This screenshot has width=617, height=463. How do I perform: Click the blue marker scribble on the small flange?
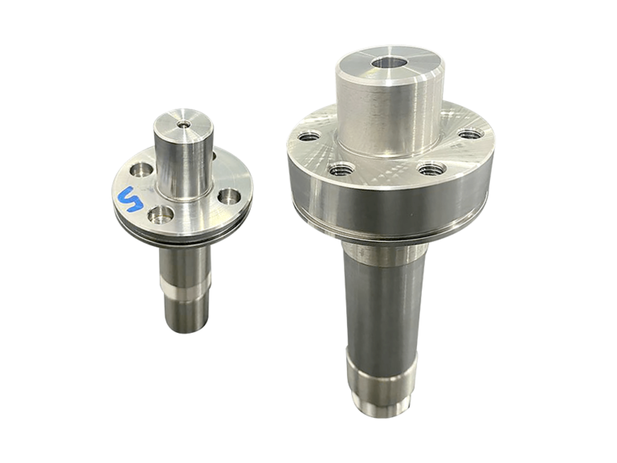(x=130, y=199)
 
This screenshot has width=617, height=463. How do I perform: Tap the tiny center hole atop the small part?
(x=183, y=125)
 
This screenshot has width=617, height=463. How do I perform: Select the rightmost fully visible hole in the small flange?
(x=229, y=195)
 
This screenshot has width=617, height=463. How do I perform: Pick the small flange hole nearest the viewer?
(x=161, y=215)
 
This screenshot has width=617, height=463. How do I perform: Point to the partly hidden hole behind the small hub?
(x=214, y=155)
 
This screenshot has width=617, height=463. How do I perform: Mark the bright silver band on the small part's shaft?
(x=186, y=289)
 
